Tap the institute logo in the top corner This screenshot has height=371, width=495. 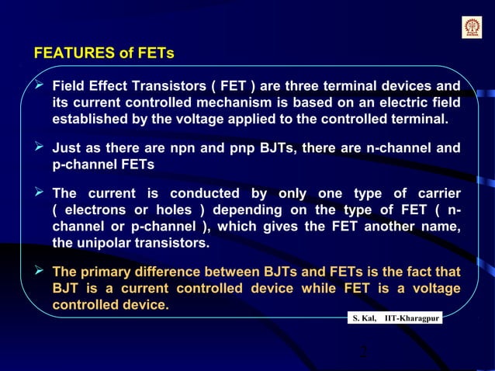click(x=472, y=28)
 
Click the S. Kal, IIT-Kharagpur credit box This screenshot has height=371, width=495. click(x=395, y=319)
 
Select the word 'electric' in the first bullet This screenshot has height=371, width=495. click(x=405, y=102)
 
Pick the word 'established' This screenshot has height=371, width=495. click(x=88, y=120)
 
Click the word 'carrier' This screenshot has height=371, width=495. click(x=433, y=193)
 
